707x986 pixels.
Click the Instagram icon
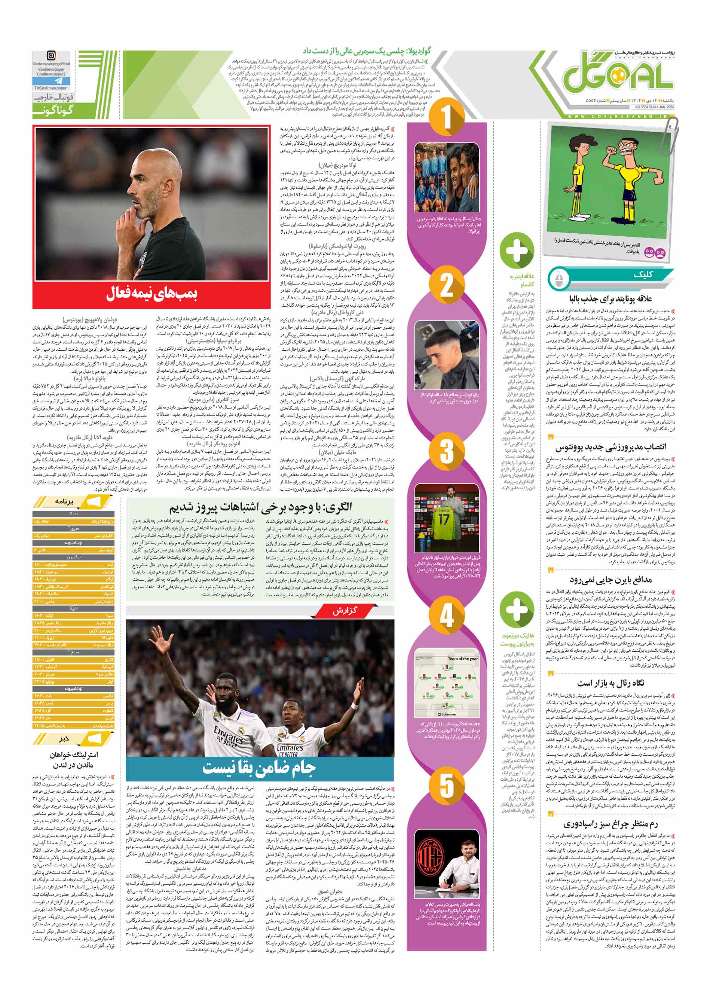(52, 55)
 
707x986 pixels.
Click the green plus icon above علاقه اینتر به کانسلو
(517, 249)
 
